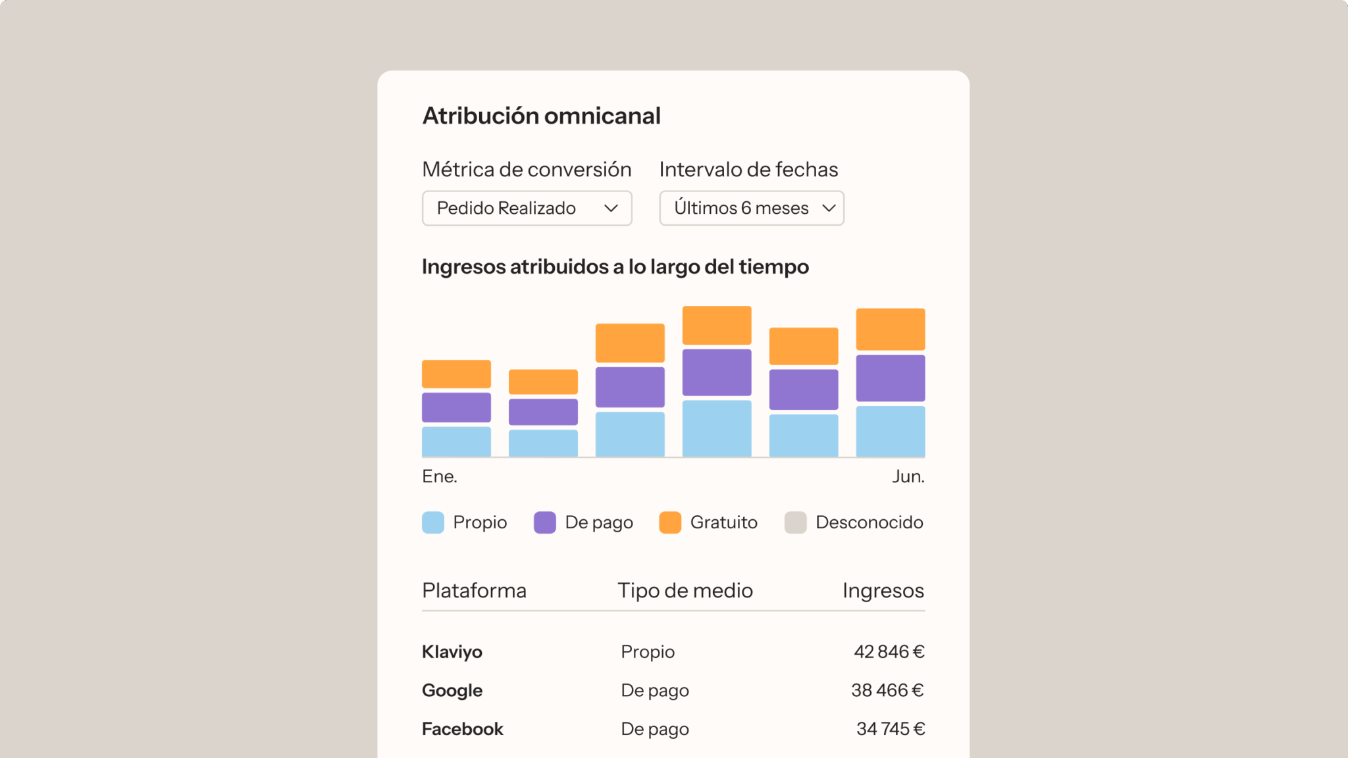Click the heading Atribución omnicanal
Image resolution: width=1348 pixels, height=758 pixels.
coord(541,116)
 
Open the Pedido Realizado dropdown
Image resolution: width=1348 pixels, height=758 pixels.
coord(527,208)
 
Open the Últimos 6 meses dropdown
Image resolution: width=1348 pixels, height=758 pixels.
coord(751,208)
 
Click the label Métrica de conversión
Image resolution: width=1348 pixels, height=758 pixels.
coord(527,170)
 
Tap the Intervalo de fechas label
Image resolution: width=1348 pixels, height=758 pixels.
coord(748,170)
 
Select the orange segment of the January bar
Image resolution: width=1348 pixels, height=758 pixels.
coord(456,374)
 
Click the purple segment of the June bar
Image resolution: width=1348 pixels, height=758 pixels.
coord(890,378)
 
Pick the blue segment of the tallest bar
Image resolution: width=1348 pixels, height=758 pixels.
coord(717,428)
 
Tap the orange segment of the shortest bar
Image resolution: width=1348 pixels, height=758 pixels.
coord(543,382)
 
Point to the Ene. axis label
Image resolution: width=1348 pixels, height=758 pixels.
coord(440,476)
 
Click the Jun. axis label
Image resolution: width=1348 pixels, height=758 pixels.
coord(908,476)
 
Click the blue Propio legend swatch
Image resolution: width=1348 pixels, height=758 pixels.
coord(433,522)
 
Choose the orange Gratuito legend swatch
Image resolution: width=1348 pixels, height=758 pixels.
coord(670,522)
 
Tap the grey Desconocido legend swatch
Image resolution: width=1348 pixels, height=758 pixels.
coord(795,522)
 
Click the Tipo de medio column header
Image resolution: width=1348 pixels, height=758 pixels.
coord(685,591)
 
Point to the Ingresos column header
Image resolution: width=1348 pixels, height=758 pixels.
coord(883,591)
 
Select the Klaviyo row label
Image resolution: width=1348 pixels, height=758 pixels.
coord(452,652)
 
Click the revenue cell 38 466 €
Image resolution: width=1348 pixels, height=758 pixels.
coord(887,690)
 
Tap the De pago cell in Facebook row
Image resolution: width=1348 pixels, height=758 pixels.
coord(655,729)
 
